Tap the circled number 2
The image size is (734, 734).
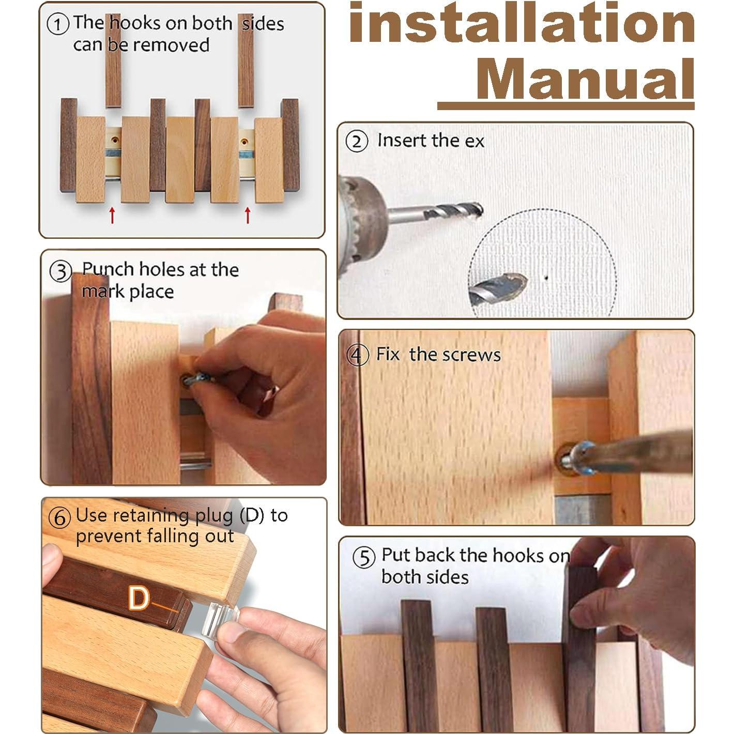357,141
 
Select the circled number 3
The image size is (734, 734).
61,271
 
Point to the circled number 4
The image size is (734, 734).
359,355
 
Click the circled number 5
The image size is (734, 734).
364,558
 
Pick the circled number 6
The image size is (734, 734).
60,517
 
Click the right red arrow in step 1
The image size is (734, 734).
248,215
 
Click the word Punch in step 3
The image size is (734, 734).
108,269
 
